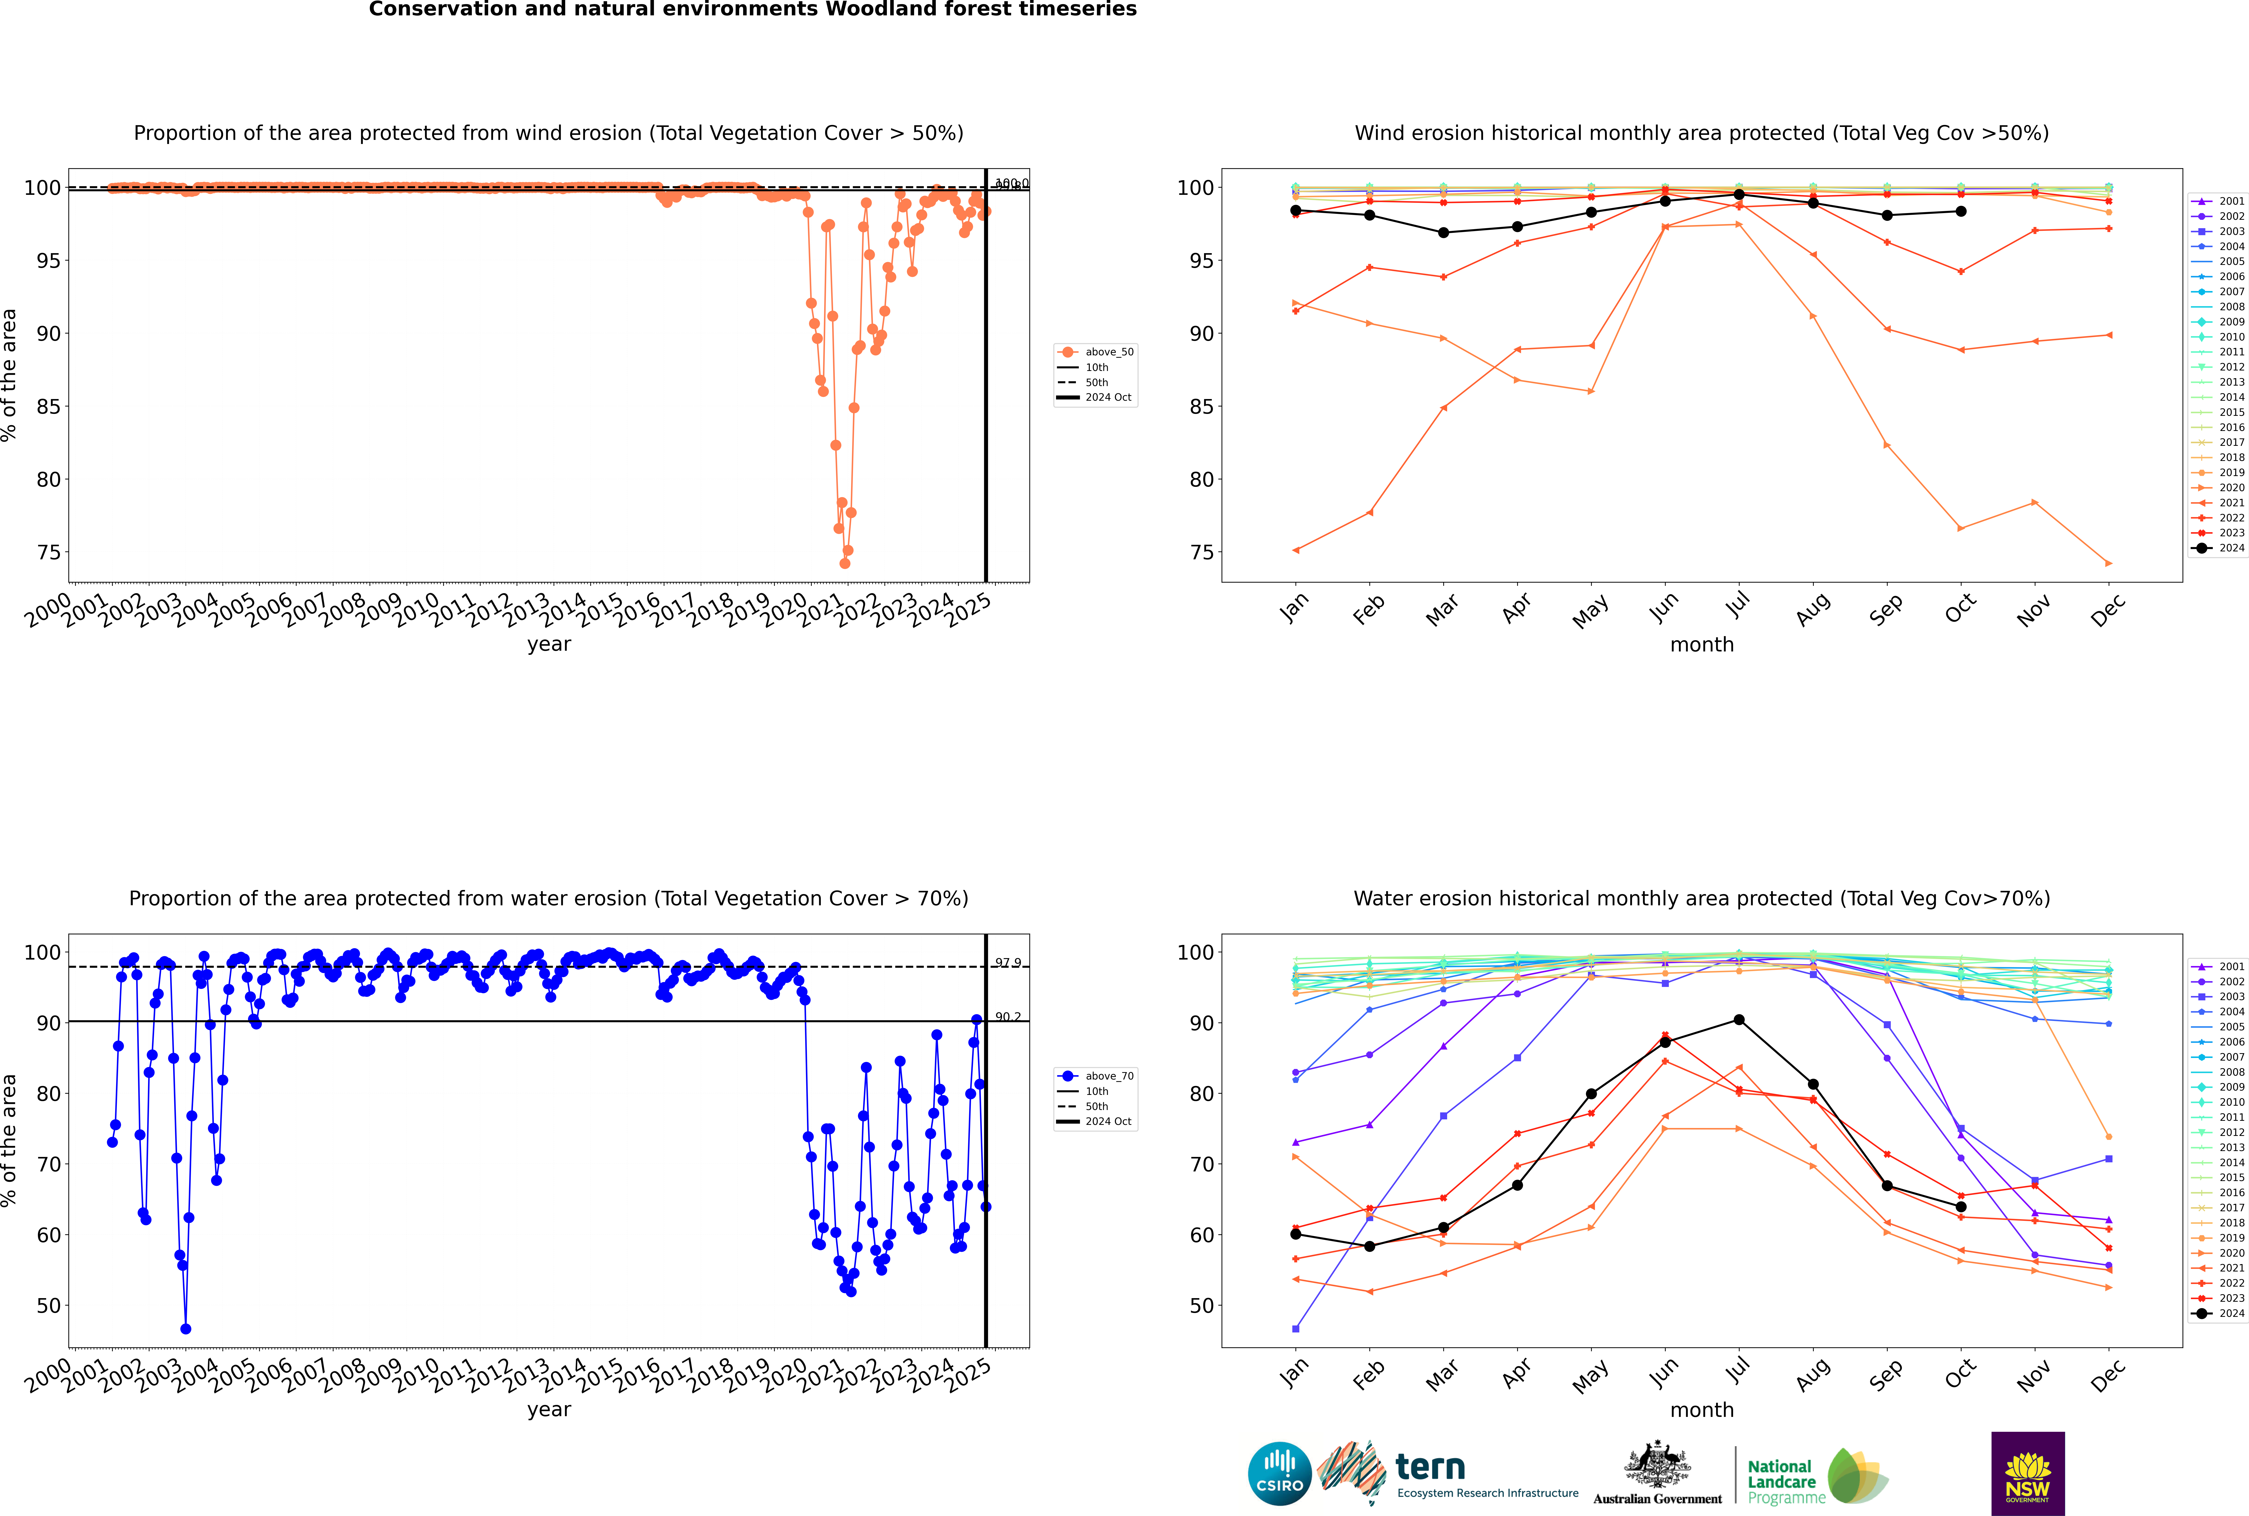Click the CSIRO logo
[1279, 1474]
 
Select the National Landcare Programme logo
[1816, 1476]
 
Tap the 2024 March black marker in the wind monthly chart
[1444, 233]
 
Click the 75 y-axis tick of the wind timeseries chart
[48, 553]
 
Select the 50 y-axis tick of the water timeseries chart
[48, 1306]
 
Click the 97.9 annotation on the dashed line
[1008, 963]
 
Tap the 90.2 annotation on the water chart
[1008, 1017]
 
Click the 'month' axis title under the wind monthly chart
[1702, 645]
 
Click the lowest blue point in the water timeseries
[186, 1329]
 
